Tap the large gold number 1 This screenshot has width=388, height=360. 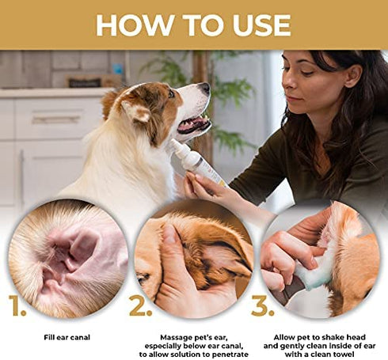(18, 306)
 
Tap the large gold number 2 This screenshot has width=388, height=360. (140, 306)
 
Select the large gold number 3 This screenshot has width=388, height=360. (263, 306)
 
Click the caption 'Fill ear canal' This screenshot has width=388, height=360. (67, 336)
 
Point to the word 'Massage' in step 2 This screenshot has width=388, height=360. (169, 336)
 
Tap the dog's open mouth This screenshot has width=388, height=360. (193, 123)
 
